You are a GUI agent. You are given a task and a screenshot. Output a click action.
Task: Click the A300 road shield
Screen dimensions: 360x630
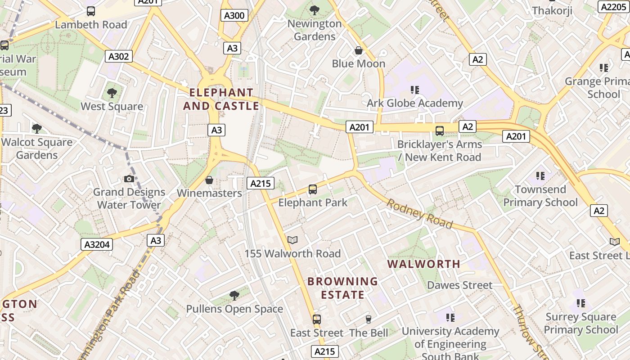tap(234, 16)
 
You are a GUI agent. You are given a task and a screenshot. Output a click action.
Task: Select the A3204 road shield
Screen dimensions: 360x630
tap(97, 244)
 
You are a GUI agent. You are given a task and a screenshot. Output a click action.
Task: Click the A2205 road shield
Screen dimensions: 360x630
tap(612, 6)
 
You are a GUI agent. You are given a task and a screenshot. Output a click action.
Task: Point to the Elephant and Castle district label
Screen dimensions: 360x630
tap(221, 99)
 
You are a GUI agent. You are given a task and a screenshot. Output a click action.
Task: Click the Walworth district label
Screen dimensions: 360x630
tap(424, 264)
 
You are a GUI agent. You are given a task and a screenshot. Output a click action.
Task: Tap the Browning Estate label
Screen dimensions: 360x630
tap(342, 288)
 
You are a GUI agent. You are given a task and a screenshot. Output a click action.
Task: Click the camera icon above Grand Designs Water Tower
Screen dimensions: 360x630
tap(129, 179)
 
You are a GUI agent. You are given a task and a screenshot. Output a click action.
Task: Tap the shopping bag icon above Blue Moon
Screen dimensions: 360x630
tap(359, 50)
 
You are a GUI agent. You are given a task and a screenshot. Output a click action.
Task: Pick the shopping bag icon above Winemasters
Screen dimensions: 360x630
tap(209, 180)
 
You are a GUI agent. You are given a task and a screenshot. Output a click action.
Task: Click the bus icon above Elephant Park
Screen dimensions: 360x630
tap(313, 189)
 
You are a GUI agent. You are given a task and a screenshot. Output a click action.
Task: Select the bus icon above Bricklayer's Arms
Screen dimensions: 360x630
tap(440, 131)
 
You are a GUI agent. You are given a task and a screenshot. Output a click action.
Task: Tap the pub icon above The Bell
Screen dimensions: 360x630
tap(369, 319)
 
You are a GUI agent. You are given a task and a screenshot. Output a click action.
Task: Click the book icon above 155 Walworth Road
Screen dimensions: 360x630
tap(292, 240)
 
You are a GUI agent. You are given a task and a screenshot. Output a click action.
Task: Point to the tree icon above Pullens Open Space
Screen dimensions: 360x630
tap(234, 296)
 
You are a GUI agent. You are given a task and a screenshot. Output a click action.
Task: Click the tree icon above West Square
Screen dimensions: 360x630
tap(112, 93)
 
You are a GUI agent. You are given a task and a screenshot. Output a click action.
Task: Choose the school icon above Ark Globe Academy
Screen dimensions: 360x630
tap(415, 90)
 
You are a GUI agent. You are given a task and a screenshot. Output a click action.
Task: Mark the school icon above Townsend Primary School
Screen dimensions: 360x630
tap(540, 176)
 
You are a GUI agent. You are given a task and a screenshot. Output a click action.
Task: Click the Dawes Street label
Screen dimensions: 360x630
tap(459, 285)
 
